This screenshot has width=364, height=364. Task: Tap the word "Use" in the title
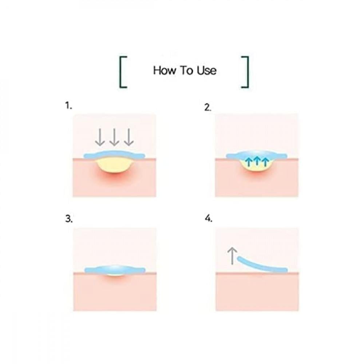(207, 70)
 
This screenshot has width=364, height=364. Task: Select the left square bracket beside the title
(123, 72)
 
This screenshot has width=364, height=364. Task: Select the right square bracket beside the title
(245, 72)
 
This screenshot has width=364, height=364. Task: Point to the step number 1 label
(68, 106)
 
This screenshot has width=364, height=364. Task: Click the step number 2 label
(208, 107)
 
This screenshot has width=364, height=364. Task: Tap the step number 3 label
(69, 219)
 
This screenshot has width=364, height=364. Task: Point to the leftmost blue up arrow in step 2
(249, 162)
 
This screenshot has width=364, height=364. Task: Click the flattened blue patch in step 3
(115, 270)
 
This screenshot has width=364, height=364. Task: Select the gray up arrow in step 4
(232, 256)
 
